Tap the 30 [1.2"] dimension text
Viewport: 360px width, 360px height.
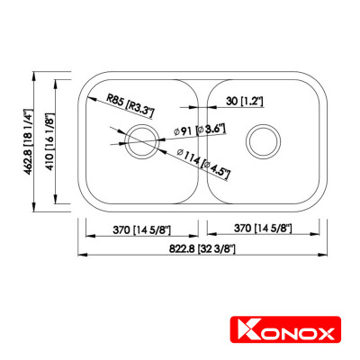(x=245, y=102)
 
